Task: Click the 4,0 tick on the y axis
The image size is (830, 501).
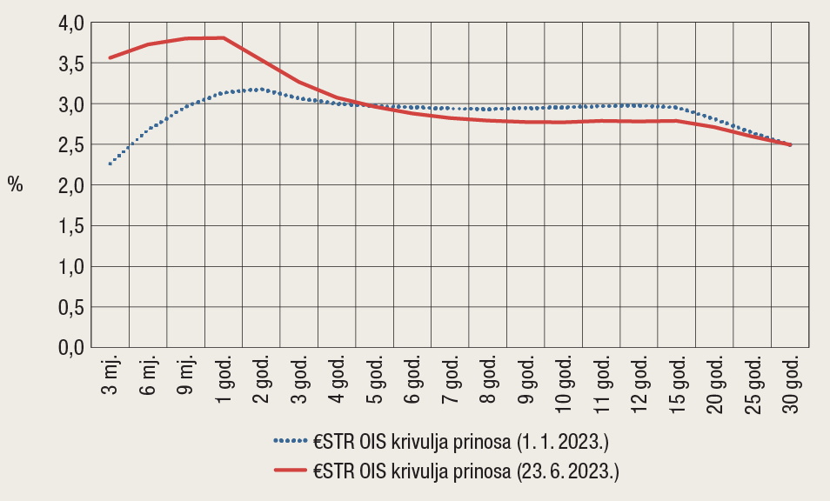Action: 65,23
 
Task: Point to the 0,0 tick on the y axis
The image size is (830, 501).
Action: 65,347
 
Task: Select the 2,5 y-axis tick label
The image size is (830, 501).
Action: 65,145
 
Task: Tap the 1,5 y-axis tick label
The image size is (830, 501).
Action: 65,226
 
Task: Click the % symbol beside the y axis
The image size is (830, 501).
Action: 15,184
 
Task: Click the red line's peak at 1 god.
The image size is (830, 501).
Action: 224,37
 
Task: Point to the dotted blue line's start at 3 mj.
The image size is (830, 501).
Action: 110,164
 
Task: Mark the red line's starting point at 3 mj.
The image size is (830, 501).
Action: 110,57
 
